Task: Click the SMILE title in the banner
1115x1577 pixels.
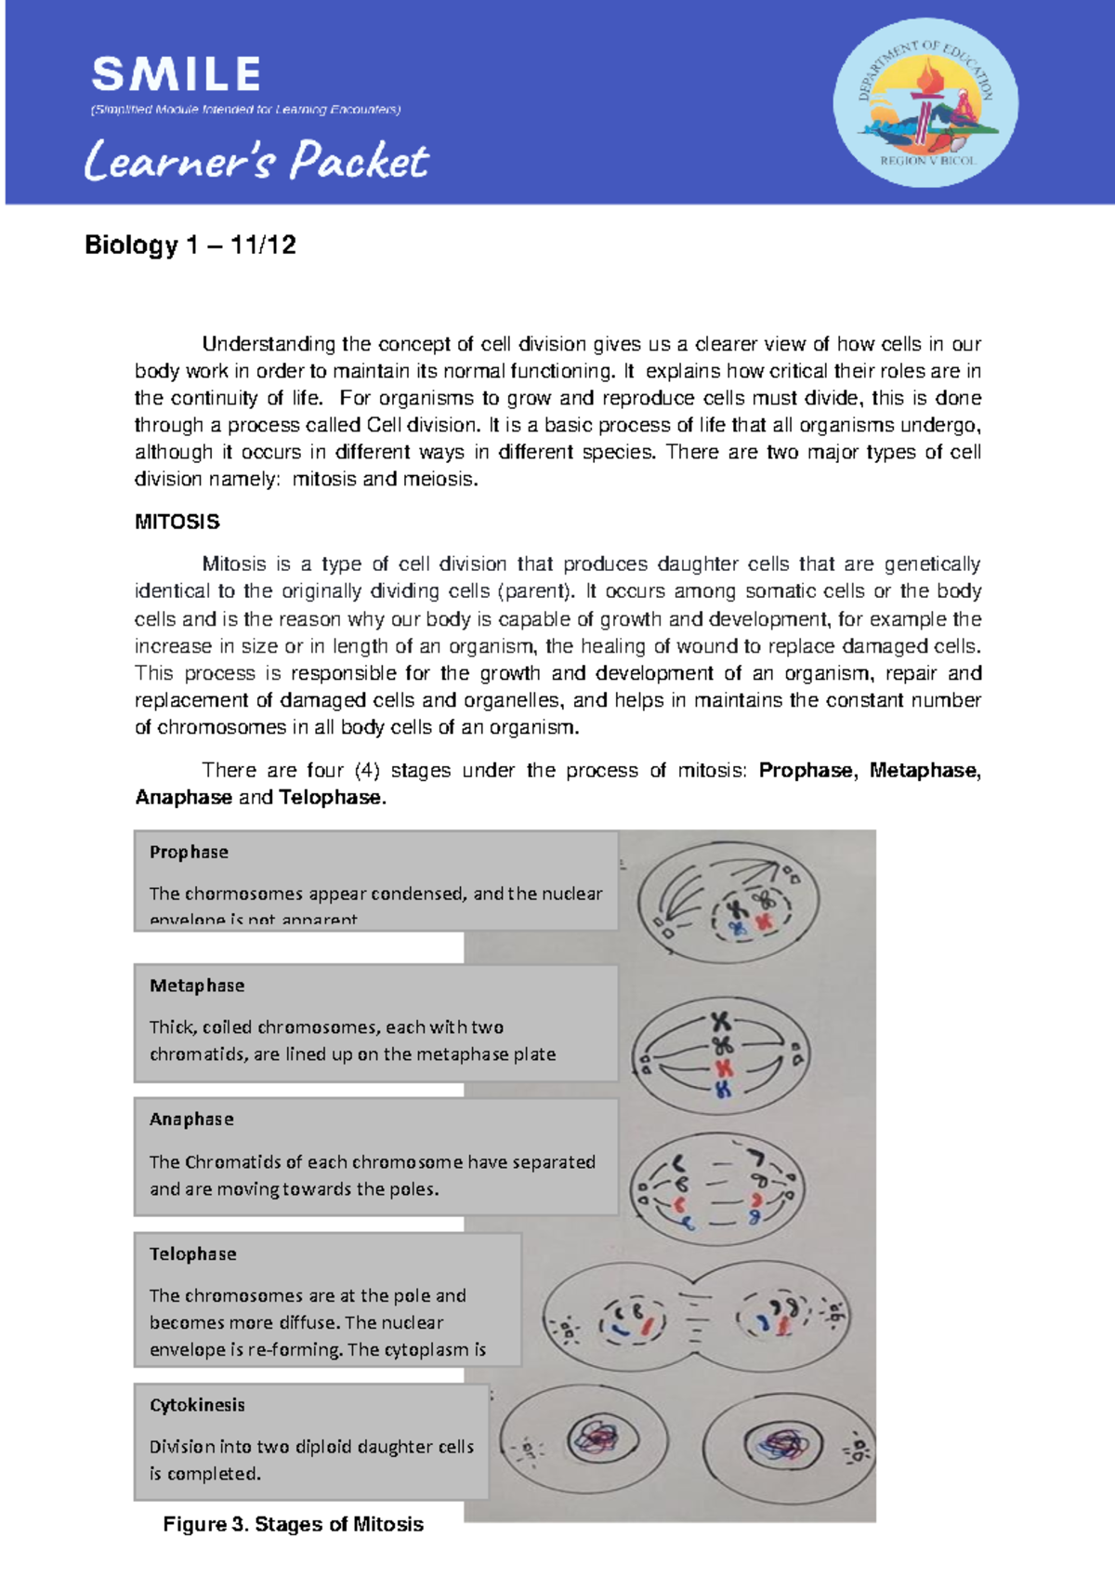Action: [176, 74]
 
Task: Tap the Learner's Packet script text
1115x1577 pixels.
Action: [256, 161]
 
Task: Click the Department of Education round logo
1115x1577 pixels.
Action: [925, 103]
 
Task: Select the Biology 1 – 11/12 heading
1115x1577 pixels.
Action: [190, 245]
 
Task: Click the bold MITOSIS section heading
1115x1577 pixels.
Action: [177, 522]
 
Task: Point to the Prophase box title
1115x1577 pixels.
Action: [189, 852]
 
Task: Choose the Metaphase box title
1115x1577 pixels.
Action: [197, 986]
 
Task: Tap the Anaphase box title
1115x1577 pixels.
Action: [191, 1120]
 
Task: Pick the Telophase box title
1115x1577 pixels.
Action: [193, 1253]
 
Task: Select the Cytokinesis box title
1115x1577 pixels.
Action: [197, 1405]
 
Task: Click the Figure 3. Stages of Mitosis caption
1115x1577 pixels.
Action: [293, 1524]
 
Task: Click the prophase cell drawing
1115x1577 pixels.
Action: [728, 903]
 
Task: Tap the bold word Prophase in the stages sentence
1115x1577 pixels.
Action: [805, 771]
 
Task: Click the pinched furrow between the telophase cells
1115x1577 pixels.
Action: [695, 1313]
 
